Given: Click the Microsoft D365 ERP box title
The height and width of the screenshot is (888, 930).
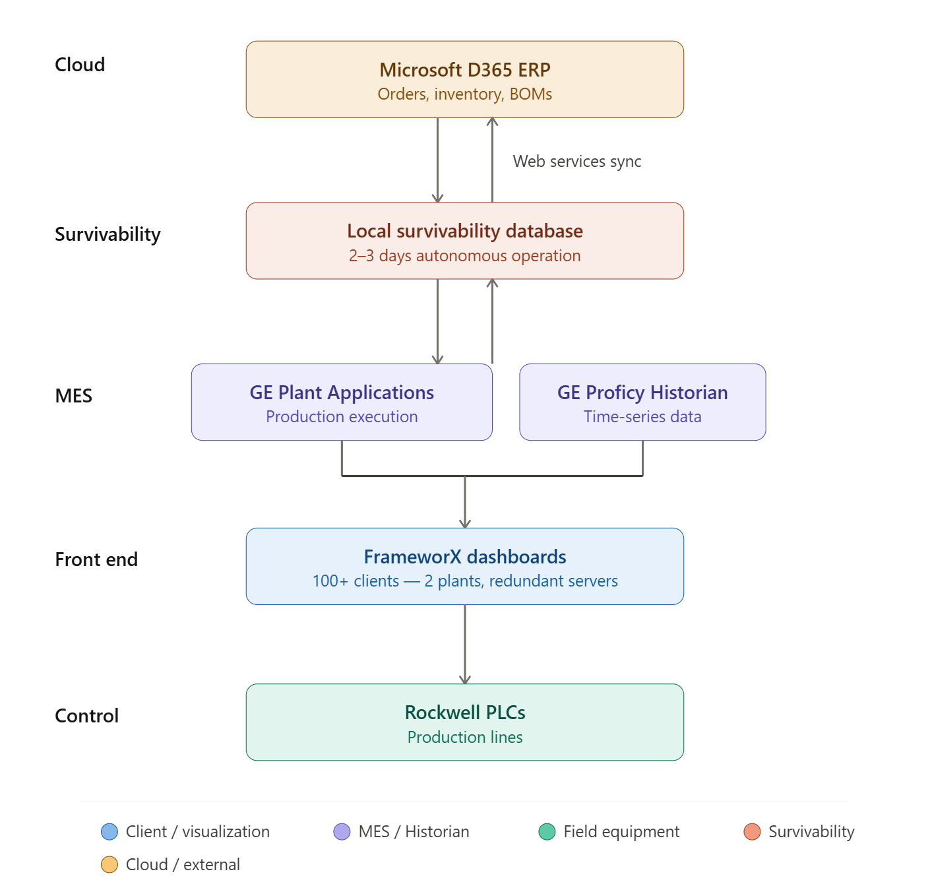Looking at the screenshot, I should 464,69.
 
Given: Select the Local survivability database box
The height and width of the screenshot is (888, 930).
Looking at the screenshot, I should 464,241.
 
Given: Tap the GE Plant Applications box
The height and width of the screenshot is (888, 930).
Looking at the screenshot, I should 341,402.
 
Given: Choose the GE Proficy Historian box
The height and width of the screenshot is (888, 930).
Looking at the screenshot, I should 642,402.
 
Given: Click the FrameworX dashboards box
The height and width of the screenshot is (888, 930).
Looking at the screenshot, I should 464,566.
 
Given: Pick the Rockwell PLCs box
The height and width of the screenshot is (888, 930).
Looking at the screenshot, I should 464,722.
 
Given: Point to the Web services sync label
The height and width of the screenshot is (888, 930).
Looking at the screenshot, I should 576,162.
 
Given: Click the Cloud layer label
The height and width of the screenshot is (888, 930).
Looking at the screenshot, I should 80,65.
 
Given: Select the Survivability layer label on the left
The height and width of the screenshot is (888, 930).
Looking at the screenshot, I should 108,234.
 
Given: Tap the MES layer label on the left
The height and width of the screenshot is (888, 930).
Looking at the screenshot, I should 73,396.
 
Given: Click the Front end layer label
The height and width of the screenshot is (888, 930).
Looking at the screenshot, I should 96,559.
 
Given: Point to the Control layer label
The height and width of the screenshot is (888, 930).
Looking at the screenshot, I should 86,716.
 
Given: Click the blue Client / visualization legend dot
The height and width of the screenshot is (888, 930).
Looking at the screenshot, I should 109,831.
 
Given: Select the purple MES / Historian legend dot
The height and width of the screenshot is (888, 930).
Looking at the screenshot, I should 342,831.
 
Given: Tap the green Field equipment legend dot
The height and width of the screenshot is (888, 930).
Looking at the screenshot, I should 547,831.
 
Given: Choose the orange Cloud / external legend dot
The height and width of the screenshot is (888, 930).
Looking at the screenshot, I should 109,864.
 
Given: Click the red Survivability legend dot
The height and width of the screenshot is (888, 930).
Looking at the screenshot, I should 752,831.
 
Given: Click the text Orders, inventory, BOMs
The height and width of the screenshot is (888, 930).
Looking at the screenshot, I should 464,94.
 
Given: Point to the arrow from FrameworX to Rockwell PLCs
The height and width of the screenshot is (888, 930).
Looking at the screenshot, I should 465,643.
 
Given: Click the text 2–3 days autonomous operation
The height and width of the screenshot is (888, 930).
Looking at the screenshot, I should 464,256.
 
